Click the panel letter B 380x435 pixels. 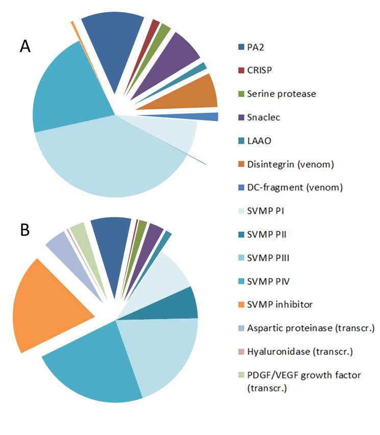25,230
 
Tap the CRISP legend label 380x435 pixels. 259,70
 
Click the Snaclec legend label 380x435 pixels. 263,117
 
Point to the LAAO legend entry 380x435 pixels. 258,140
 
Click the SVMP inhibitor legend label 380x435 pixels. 280,304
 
